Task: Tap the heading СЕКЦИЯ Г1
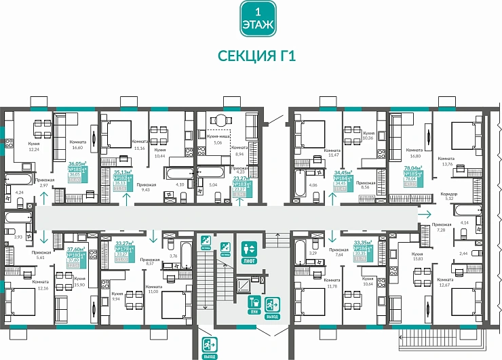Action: point(256,56)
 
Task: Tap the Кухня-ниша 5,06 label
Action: point(217,140)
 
